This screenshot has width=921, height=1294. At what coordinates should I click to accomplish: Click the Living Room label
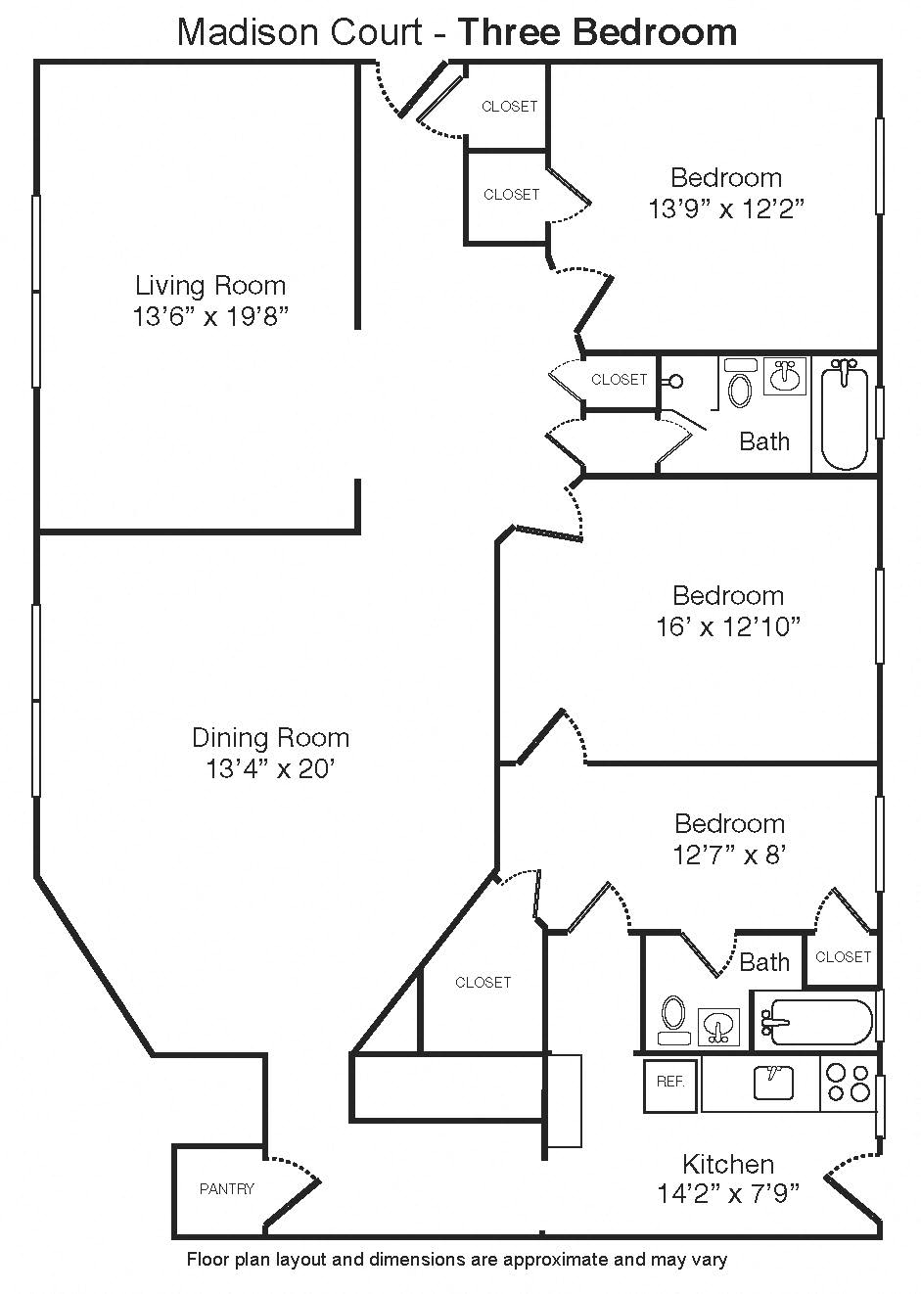click(210, 286)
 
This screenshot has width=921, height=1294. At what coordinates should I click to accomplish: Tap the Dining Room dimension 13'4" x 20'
click(270, 769)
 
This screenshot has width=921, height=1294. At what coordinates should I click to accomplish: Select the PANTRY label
click(226, 1188)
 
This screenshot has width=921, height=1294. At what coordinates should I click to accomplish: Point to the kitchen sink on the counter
click(772, 1083)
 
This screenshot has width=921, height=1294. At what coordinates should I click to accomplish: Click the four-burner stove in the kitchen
click(848, 1083)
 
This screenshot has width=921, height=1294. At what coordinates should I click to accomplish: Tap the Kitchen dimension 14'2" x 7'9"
click(728, 1193)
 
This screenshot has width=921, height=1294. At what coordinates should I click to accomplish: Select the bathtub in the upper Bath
click(844, 414)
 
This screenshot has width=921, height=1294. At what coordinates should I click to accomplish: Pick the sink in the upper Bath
click(784, 376)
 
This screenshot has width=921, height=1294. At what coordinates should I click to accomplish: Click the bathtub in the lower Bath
click(817, 1023)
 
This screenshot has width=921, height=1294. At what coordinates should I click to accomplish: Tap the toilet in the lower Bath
click(672, 1019)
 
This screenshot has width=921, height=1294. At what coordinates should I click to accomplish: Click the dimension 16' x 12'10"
click(728, 626)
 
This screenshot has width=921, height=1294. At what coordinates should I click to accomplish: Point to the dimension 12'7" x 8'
click(729, 855)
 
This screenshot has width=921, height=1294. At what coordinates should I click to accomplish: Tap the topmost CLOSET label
click(509, 107)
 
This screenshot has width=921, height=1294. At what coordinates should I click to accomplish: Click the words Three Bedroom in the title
click(597, 32)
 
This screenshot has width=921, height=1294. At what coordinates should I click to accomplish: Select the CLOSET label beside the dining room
click(483, 982)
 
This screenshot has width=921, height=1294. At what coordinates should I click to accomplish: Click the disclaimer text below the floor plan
click(456, 1260)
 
